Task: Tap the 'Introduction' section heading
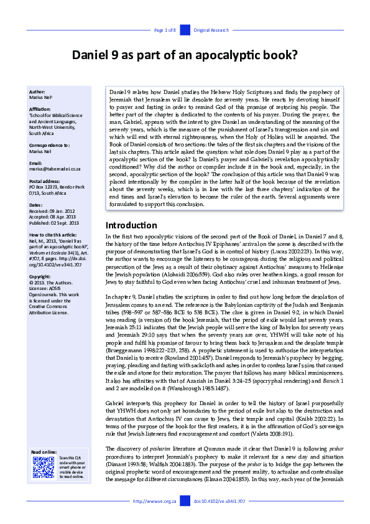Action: [132, 225]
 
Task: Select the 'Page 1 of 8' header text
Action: [165, 30]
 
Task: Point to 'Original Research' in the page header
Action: [211, 30]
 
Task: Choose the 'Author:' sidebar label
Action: [37, 91]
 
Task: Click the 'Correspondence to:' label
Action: [49, 144]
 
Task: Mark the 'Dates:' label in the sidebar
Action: [35, 204]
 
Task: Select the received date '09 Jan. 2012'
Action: [62, 210]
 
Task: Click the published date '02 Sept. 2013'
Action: [64, 222]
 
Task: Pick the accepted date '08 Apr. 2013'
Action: [62, 216]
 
